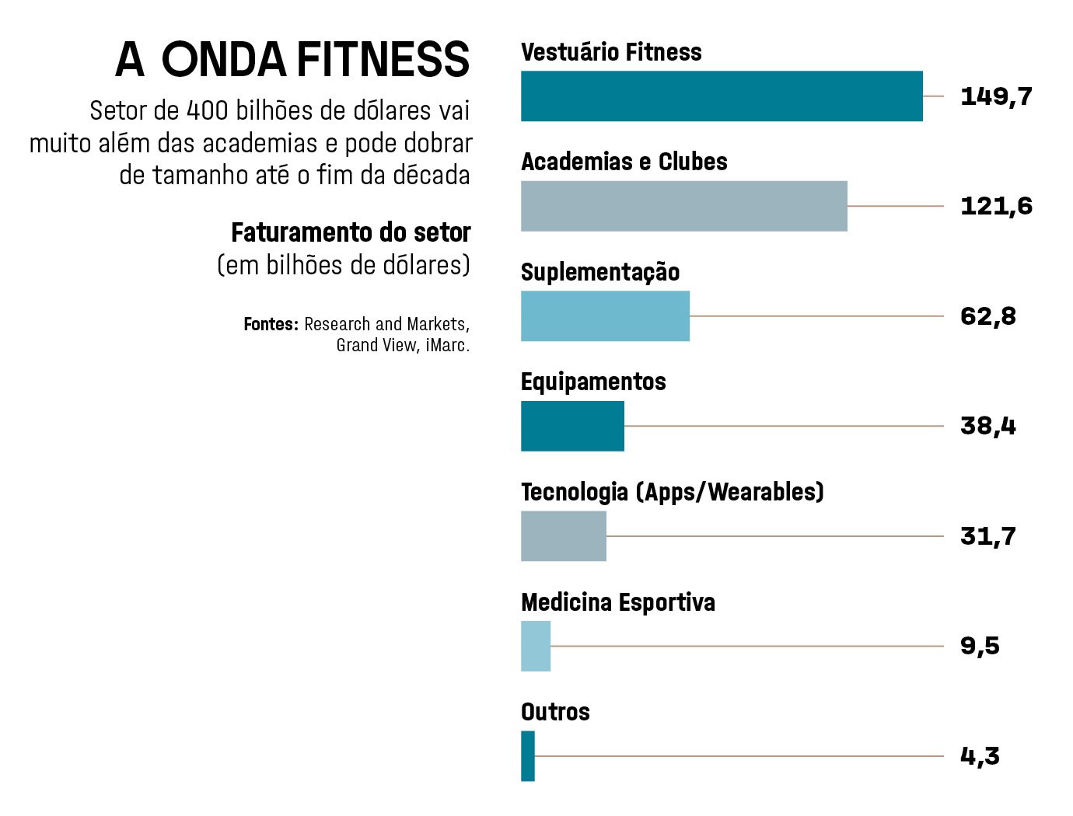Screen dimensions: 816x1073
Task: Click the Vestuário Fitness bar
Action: [722, 96]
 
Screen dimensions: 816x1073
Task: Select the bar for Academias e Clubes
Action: [684, 206]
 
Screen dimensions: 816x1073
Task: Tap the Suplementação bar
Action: [605, 316]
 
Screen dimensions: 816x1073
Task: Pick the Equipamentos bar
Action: [572, 426]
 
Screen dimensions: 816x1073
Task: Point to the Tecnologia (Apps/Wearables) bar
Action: [564, 536]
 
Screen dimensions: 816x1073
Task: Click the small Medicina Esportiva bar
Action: [536, 646]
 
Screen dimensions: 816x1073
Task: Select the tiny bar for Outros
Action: [528, 756]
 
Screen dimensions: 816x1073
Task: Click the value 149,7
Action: [996, 96]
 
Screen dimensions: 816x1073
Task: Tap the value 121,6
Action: [996, 206]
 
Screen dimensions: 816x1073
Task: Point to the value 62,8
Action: [987, 316]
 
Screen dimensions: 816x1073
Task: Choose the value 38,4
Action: [987, 426]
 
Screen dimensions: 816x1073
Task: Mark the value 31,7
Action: [987, 536]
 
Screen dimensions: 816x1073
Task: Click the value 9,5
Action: [980, 646]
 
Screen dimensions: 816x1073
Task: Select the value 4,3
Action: [980, 756]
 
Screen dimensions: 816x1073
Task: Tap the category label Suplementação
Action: [600, 272]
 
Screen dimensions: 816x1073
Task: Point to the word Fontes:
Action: [271, 324]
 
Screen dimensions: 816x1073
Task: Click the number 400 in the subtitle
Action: [208, 110]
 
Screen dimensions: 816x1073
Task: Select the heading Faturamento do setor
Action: [351, 232]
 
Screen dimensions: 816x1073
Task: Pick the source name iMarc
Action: [448, 345]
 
